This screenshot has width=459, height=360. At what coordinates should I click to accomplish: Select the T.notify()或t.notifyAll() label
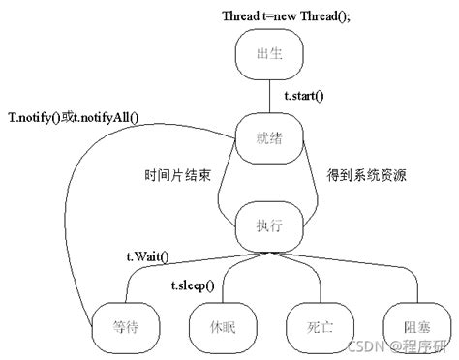click(x=74, y=117)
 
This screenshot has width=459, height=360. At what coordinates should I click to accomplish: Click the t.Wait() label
click(x=148, y=255)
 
